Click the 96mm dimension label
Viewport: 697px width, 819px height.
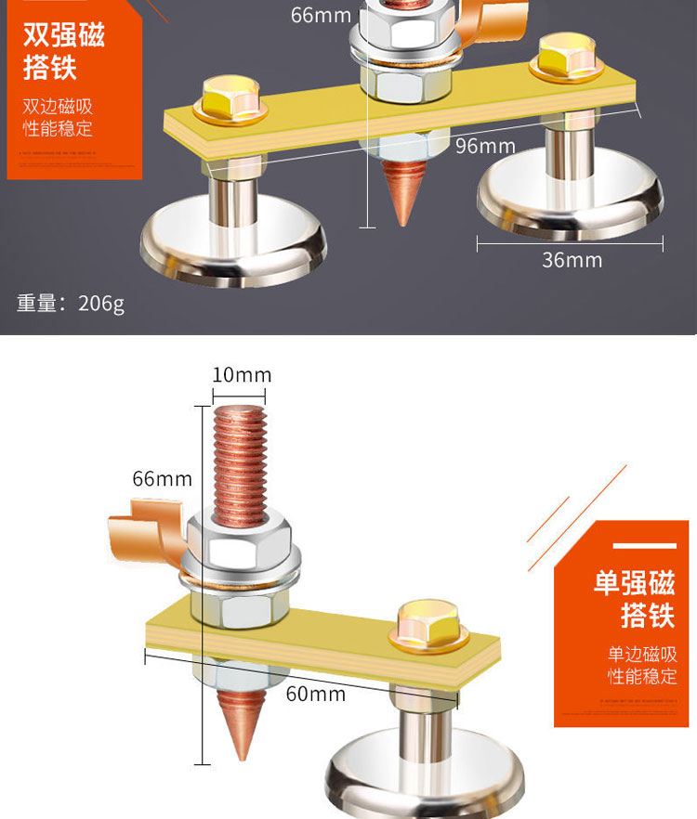[x=485, y=146]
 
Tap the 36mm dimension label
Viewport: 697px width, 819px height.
[x=572, y=260]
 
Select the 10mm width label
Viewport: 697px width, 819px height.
[x=242, y=375]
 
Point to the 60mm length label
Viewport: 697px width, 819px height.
[x=315, y=694]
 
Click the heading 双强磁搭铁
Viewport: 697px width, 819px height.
[x=63, y=51]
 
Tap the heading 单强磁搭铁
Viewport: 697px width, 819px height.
[x=635, y=599]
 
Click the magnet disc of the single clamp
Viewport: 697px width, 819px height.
[x=417, y=770]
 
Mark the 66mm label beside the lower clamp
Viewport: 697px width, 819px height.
[x=162, y=479]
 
